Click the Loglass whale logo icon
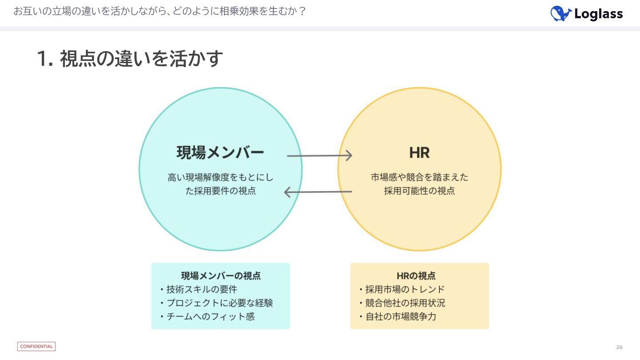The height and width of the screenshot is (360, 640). pyautogui.click(x=560, y=13)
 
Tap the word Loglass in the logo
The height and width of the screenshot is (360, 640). pyautogui.click(x=598, y=14)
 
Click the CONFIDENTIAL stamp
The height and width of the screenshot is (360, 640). pyautogui.click(x=36, y=347)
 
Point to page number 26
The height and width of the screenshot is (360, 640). pyautogui.click(x=619, y=347)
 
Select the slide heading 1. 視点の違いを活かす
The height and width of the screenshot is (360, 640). pyautogui.click(x=130, y=59)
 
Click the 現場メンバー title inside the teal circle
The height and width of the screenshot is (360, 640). pyautogui.click(x=220, y=153)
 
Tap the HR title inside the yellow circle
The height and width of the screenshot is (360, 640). pyautogui.click(x=419, y=153)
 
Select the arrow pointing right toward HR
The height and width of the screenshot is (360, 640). pyautogui.click(x=320, y=156)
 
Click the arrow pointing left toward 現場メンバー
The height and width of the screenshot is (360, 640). pyautogui.click(x=318, y=192)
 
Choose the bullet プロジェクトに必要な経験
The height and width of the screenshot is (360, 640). pyautogui.click(x=220, y=303)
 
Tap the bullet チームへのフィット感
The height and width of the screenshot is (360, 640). pyautogui.click(x=211, y=316)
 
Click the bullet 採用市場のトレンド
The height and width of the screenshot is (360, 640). pyautogui.click(x=405, y=289)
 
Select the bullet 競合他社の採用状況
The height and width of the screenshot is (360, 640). pyautogui.click(x=405, y=303)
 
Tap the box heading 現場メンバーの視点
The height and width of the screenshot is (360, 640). pyautogui.click(x=220, y=276)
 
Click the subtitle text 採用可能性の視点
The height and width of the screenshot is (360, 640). pyautogui.click(x=419, y=191)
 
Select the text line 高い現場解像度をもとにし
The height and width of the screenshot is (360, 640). pyautogui.click(x=220, y=177)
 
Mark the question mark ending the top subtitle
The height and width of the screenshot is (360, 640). pyautogui.click(x=302, y=12)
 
